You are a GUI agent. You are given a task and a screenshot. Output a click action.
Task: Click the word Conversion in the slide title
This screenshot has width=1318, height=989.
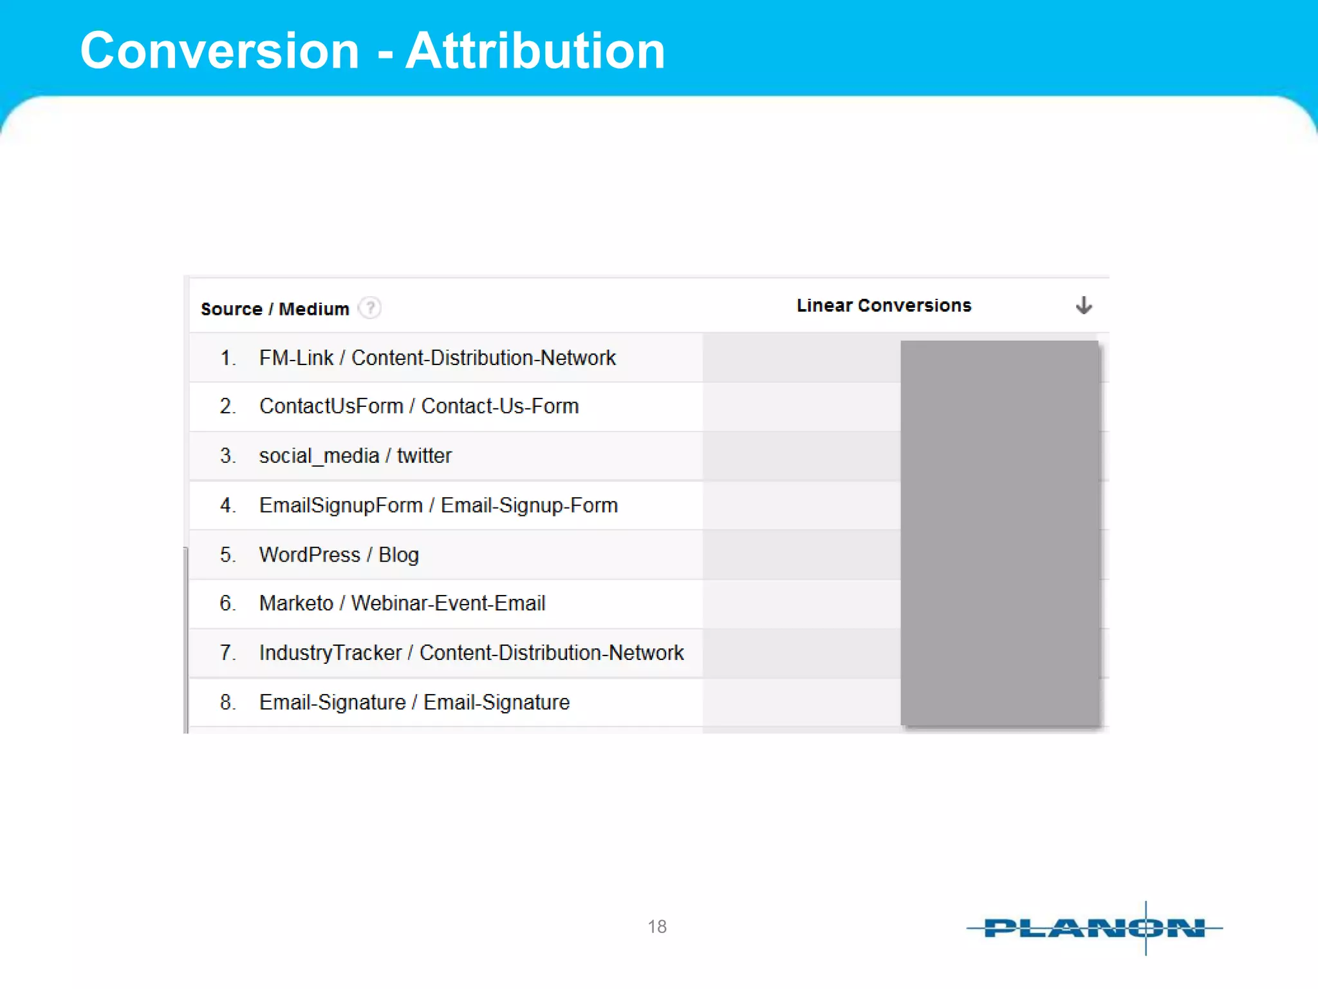[219, 51]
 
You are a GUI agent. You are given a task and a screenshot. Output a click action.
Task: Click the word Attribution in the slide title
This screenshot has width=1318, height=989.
[535, 51]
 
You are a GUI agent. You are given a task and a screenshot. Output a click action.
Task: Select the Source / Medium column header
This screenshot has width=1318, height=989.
[275, 309]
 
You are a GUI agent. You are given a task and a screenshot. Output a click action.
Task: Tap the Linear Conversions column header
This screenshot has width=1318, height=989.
[884, 305]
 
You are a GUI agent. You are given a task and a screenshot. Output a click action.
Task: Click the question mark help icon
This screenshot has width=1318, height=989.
[370, 308]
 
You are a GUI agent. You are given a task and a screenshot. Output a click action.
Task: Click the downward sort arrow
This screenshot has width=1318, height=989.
[1084, 305]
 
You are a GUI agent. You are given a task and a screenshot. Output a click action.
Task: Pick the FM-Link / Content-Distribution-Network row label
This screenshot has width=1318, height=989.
[437, 357]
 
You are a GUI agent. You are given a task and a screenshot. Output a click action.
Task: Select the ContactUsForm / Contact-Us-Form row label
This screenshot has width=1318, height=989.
[419, 406]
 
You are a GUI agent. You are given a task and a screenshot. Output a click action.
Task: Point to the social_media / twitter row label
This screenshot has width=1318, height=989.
[355, 456]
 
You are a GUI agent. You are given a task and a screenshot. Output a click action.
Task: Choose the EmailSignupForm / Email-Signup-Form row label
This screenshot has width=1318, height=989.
[438, 505]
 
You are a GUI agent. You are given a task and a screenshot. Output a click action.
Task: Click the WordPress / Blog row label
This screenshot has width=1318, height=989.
[339, 555]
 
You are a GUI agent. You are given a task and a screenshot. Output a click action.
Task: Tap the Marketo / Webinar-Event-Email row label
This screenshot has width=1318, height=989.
[402, 603]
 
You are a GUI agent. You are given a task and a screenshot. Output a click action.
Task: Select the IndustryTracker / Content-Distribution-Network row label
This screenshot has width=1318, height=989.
[471, 653]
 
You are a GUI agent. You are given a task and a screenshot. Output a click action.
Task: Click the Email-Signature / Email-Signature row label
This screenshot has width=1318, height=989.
[414, 702]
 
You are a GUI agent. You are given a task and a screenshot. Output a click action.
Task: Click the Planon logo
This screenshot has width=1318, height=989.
[1094, 928]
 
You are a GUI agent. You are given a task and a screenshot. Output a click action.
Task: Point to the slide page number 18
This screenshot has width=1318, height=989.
[657, 927]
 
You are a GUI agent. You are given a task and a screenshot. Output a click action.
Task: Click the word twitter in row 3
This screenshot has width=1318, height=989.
[424, 456]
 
